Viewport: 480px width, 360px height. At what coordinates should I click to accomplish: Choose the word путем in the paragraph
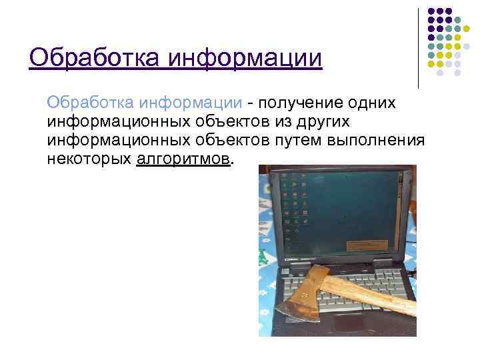pyautogui.click(x=299, y=141)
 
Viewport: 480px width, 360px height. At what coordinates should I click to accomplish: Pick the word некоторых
pyautogui.click(x=89, y=160)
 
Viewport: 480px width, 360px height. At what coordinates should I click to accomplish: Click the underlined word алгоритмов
pyautogui.click(x=183, y=160)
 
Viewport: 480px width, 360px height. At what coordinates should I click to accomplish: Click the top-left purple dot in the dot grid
pyautogui.click(x=431, y=11)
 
